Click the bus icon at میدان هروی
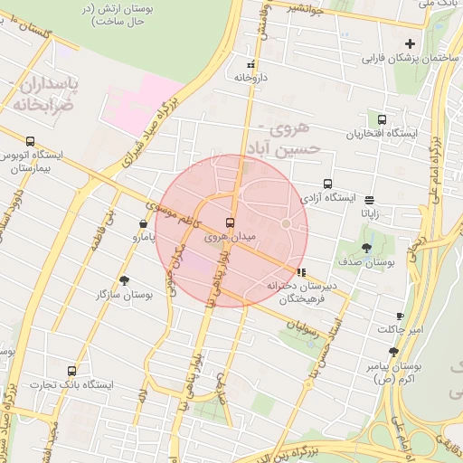point(229,222)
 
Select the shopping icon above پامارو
point(143,223)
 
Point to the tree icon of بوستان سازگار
point(124,280)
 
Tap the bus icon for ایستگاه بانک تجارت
point(71,371)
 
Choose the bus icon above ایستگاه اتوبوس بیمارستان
point(31,141)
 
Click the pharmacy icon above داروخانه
point(250,65)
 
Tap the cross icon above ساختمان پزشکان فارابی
point(410,43)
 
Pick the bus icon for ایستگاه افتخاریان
point(382,119)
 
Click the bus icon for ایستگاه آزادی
point(327,184)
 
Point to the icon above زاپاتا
point(370,199)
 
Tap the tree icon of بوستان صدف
point(366,247)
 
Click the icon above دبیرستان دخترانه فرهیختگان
point(300,271)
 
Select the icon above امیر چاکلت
point(400,317)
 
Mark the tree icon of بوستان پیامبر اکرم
point(393,352)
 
